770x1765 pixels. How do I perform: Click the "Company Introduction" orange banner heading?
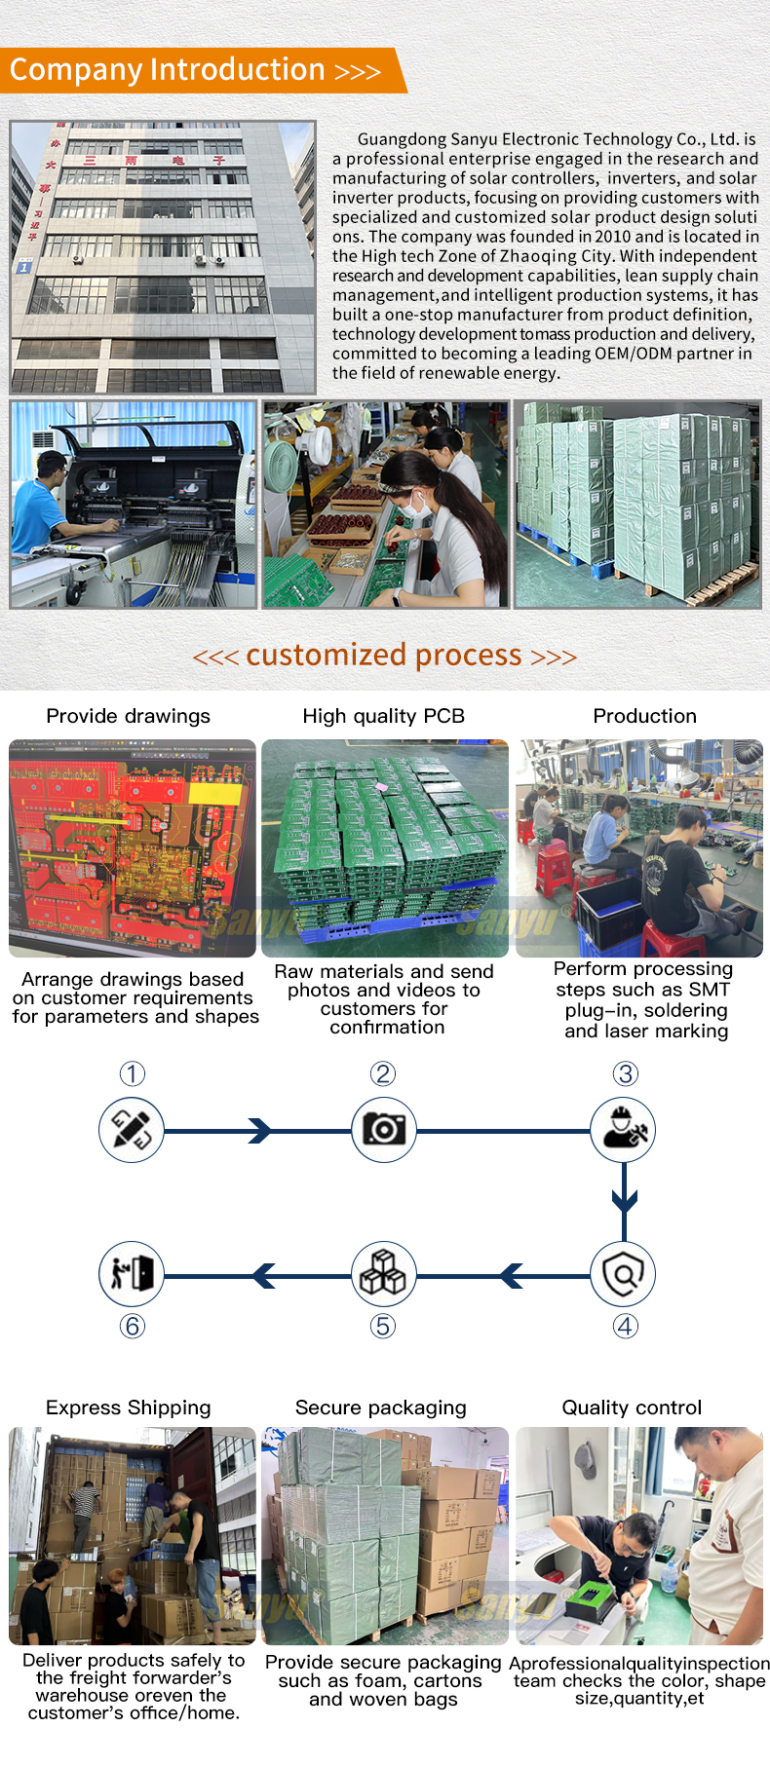coord(167,70)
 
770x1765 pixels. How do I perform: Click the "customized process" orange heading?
coord(384,655)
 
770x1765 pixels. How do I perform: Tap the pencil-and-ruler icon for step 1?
coord(132,1130)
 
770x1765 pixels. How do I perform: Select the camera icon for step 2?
coord(384,1130)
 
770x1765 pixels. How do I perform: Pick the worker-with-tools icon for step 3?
coord(624,1130)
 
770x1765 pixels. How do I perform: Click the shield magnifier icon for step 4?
coord(624,1274)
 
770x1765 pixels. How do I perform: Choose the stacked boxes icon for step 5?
coord(384,1274)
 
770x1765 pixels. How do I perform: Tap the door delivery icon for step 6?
coord(132,1274)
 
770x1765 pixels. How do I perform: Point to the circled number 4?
coord(625,1326)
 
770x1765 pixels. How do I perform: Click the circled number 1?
coord(133,1073)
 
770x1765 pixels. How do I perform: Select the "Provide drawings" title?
coord(128,716)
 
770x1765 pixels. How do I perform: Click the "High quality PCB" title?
coord(384,716)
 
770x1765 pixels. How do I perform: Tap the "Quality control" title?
coord(632,1408)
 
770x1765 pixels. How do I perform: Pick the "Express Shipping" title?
coord(128,1408)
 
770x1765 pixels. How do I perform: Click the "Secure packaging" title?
coord(381,1408)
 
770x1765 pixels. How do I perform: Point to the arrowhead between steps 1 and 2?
coord(259,1130)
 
